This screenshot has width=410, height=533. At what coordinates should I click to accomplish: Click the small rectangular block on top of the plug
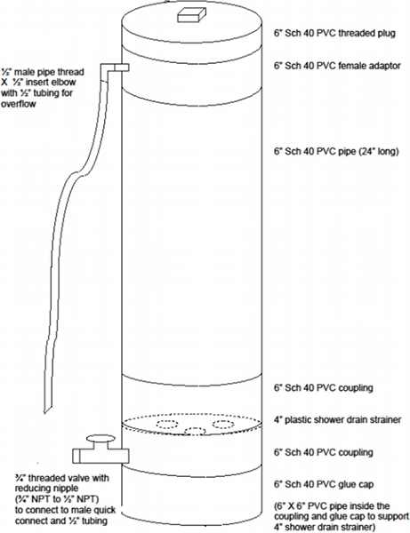pos(191,15)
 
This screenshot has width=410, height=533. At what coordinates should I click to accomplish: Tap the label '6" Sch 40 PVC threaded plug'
pos(334,34)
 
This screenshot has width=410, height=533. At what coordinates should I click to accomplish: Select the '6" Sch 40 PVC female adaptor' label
pos(337,66)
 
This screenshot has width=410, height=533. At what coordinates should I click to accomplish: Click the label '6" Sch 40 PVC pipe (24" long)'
pos(336,151)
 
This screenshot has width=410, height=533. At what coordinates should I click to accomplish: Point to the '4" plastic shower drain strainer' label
pos(338,420)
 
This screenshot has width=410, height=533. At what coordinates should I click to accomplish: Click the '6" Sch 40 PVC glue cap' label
pos(324,484)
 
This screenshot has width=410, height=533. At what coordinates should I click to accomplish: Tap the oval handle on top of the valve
pos(100,439)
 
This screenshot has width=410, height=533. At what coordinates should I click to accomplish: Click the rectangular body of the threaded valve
pos(100,456)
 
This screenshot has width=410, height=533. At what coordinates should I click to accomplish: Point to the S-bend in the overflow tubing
pos(81,170)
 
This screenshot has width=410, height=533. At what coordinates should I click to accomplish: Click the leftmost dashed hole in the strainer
pos(167,424)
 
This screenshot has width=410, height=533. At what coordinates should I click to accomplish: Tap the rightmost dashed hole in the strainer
pos(223,424)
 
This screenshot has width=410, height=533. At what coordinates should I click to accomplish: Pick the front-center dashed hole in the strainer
pos(195,431)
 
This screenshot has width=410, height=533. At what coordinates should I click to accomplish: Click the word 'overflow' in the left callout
pos(18,104)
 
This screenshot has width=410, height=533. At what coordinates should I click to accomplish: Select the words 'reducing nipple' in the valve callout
pos(46,489)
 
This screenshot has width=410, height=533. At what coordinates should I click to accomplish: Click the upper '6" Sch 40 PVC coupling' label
pos(323,388)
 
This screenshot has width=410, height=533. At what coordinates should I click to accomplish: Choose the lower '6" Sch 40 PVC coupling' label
pos(323,452)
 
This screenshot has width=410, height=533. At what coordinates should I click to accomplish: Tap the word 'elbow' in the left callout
pos(64,83)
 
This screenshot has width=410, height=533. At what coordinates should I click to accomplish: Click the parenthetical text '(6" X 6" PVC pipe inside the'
pos(332,505)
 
